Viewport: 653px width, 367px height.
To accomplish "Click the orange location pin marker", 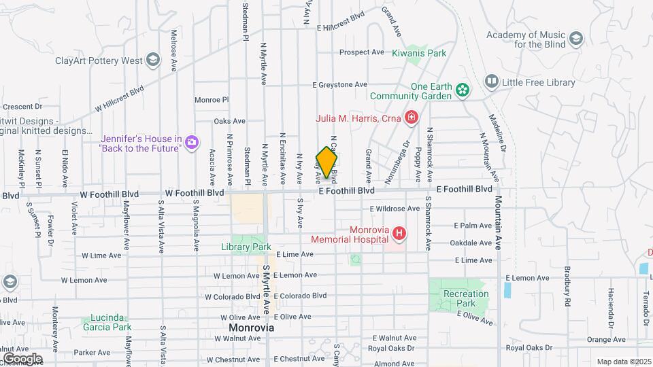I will click(327, 162).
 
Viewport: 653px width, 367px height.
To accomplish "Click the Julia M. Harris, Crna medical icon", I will click(411, 118).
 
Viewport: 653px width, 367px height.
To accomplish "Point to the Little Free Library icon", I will click(491, 82).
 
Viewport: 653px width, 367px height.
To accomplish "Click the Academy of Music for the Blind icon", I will click(576, 38).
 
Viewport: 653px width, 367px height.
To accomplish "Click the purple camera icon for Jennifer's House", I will click(192, 142).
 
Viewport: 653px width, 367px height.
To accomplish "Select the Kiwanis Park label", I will click(418, 52).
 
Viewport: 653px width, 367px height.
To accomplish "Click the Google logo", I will click(22, 358).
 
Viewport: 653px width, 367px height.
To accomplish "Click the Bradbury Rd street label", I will click(566, 285).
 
